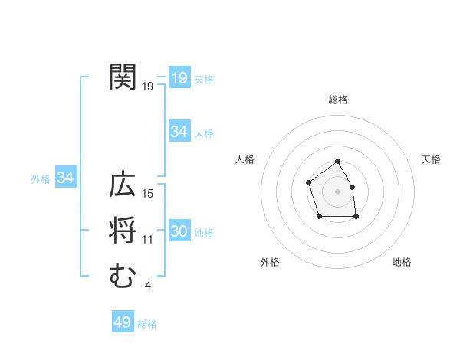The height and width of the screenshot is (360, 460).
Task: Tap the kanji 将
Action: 123,231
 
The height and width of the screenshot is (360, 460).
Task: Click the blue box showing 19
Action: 179,77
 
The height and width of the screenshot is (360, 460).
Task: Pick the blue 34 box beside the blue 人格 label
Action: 179,132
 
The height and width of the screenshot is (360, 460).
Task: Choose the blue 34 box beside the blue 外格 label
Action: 65,178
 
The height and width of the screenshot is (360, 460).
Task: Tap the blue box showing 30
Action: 179,231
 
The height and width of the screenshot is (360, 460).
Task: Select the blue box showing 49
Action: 122,322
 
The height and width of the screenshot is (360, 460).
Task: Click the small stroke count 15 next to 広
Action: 149,194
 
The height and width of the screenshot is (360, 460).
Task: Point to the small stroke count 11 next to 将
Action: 149,240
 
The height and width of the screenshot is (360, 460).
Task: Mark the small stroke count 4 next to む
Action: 148,286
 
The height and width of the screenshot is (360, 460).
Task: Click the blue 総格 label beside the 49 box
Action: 147,324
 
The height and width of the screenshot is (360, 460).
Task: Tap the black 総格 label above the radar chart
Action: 338,100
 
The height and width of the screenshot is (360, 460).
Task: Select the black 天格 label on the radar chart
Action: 431,159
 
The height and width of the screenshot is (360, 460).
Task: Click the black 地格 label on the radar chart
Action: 402,262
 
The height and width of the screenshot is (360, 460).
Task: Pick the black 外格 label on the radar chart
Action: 270,262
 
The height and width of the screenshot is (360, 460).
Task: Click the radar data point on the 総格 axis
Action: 338,162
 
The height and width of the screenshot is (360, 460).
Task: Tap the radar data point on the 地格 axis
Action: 356,217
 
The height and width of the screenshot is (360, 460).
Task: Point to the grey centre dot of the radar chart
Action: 338,191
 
